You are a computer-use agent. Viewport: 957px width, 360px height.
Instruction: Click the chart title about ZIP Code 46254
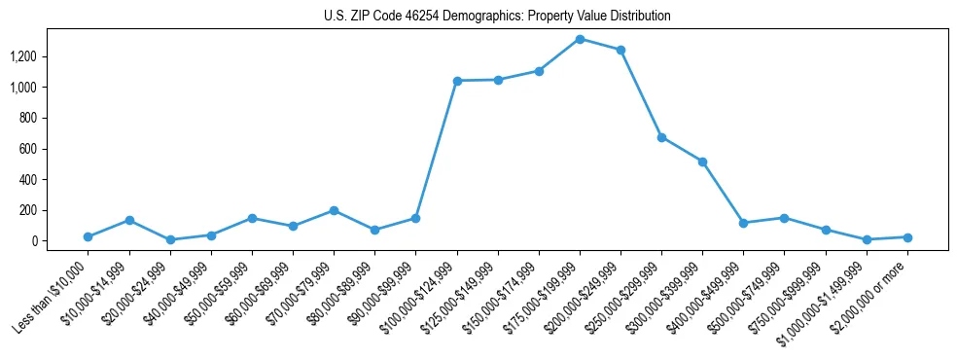[497, 17]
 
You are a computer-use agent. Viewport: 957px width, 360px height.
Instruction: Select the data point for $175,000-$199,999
[580, 39]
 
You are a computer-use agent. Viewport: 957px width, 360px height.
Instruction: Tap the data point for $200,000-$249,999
[620, 50]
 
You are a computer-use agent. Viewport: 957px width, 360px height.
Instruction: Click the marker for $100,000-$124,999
[457, 81]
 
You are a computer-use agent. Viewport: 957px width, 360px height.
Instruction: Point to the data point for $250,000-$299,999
[661, 137]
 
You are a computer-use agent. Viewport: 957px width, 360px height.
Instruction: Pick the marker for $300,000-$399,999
[702, 162]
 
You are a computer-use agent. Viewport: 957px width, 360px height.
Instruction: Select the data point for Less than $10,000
[89, 236]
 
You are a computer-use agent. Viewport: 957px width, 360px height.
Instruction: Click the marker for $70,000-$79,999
[334, 210]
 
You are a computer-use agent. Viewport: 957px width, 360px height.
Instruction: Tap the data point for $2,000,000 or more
[906, 237]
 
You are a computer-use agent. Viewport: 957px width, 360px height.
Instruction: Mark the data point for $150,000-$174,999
[539, 71]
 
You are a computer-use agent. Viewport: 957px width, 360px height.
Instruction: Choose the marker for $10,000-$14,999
[129, 220]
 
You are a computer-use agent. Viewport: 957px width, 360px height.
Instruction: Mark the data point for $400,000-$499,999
[743, 223]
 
